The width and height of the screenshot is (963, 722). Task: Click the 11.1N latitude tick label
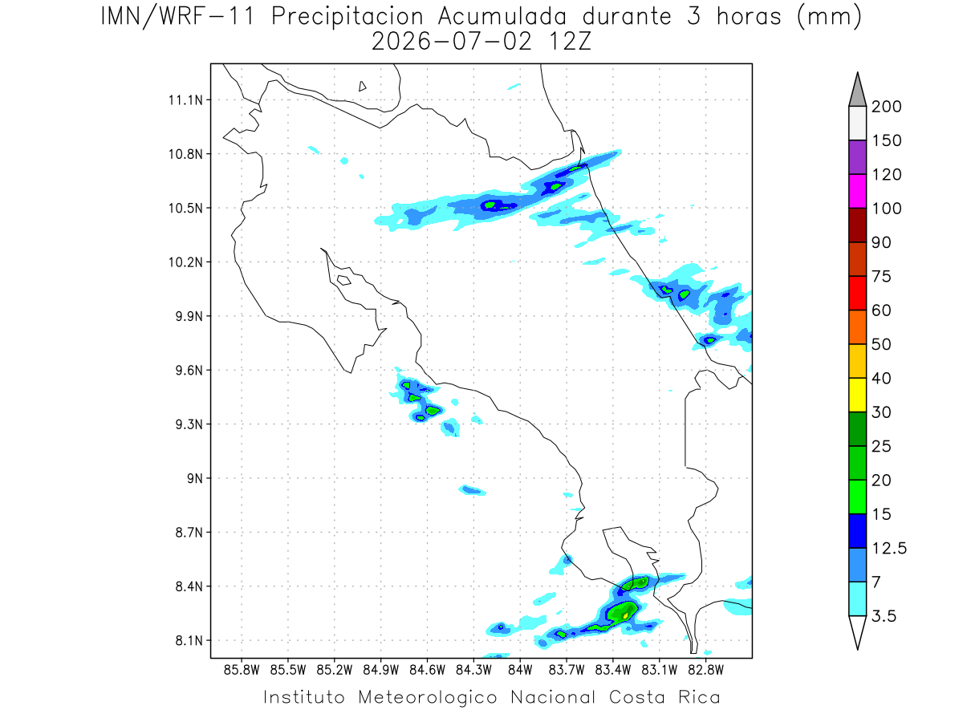(185, 100)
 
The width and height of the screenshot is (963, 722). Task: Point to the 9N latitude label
(195, 478)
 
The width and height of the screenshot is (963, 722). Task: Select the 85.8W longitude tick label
(242, 671)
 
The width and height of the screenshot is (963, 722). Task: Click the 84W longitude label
(520, 671)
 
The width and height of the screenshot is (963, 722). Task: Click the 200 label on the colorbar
(886, 107)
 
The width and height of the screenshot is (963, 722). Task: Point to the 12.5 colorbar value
(889, 549)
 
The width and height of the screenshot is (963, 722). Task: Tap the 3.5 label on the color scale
(884, 616)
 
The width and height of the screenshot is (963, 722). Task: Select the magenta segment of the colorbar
(857, 191)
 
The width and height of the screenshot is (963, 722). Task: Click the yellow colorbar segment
(857, 395)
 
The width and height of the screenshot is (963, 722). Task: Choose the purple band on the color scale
(857, 157)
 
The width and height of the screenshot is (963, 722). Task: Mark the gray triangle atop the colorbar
(857, 90)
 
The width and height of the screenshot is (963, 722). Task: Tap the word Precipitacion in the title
(347, 17)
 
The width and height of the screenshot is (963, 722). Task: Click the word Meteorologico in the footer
(427, 698)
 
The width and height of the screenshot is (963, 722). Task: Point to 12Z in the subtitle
(570, 42)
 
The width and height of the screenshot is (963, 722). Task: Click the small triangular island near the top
(362, 87)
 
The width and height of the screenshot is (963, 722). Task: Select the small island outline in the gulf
(344, 280)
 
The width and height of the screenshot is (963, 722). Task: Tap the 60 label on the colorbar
(881, 310)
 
